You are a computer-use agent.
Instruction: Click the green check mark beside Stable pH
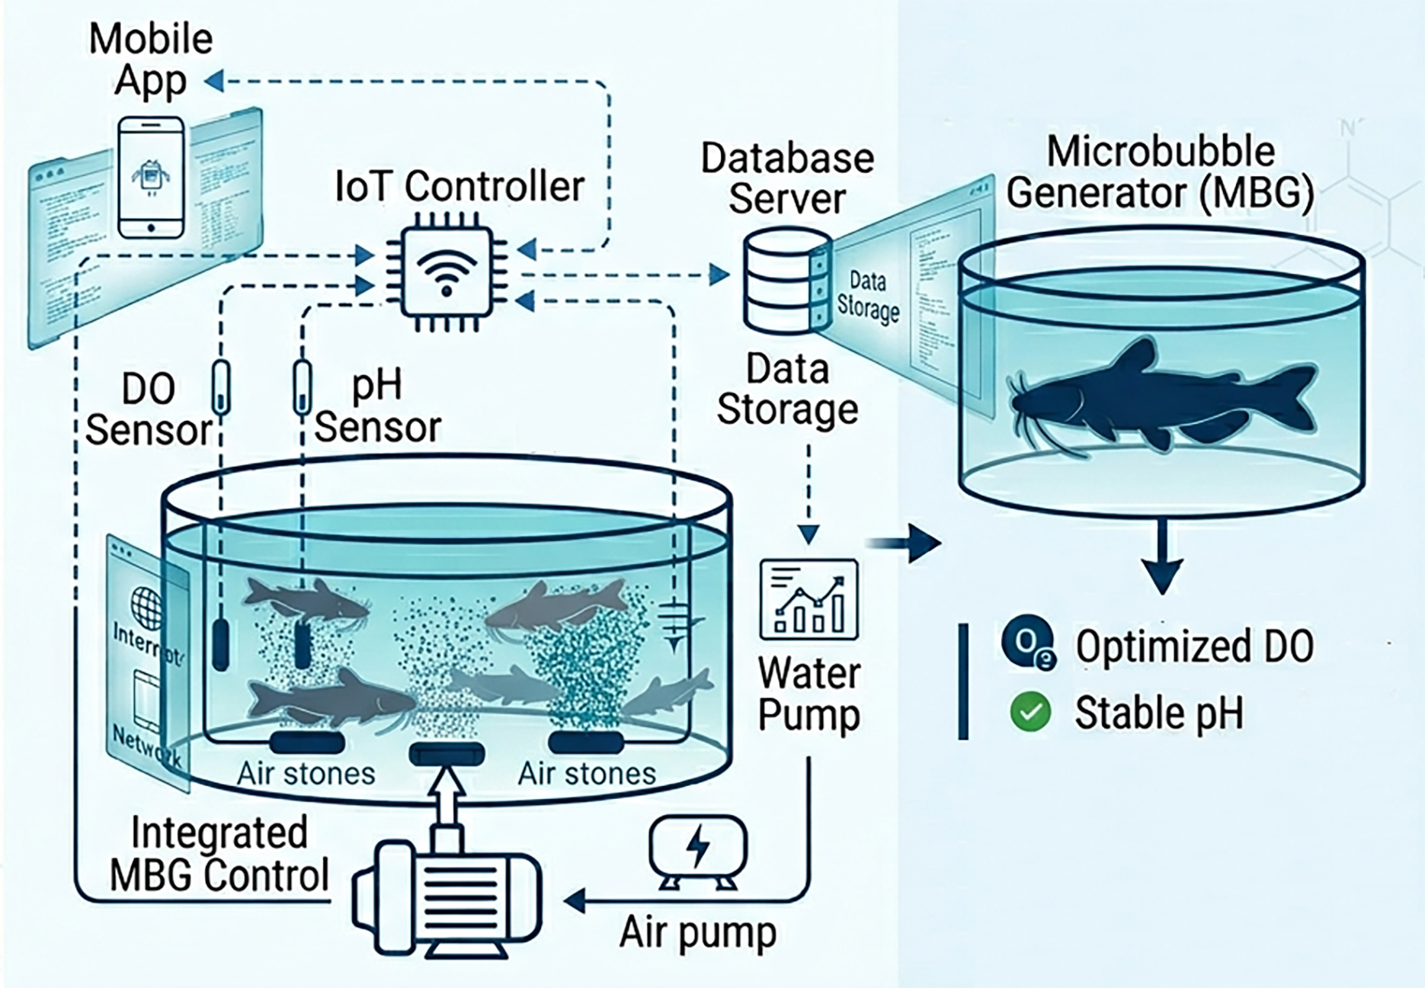point(1030,711)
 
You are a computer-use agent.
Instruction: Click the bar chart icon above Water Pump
point(809,600)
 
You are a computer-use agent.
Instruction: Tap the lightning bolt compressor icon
point(697,850)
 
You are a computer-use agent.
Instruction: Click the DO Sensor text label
point(148,410)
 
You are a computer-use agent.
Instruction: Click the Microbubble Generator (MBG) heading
point(1160,172)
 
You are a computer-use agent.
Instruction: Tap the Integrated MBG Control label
point(219,853)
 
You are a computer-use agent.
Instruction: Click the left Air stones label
point(306,773)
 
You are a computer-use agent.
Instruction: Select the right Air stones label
point(587,773)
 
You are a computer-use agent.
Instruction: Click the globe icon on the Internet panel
point(146,606)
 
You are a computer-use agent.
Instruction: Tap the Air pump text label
point(697,932)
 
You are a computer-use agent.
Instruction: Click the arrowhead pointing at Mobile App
point(214,80)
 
